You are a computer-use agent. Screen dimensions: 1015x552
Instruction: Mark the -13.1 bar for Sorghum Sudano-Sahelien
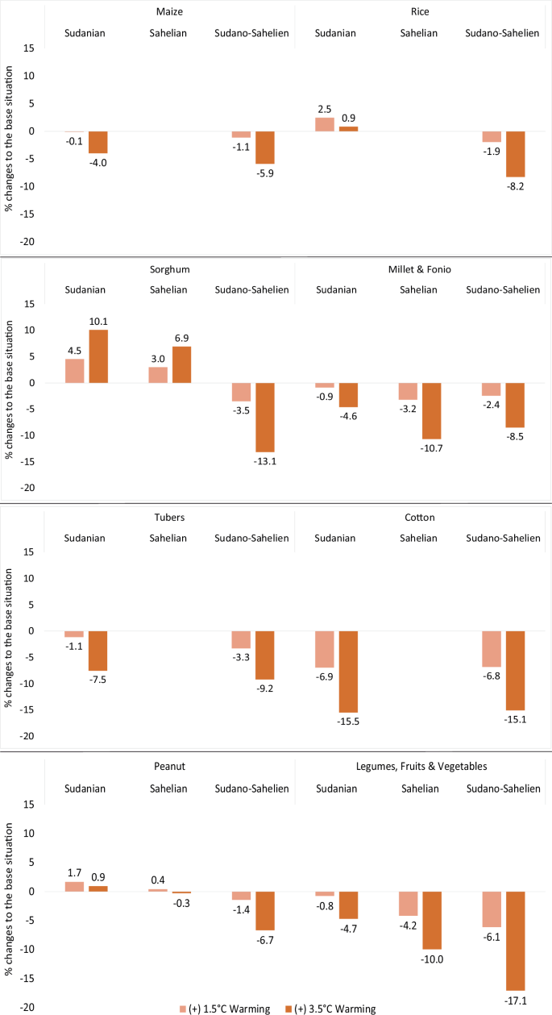coord(265,417)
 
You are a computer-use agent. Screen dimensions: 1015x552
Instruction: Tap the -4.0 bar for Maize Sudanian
coord(98,142)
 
